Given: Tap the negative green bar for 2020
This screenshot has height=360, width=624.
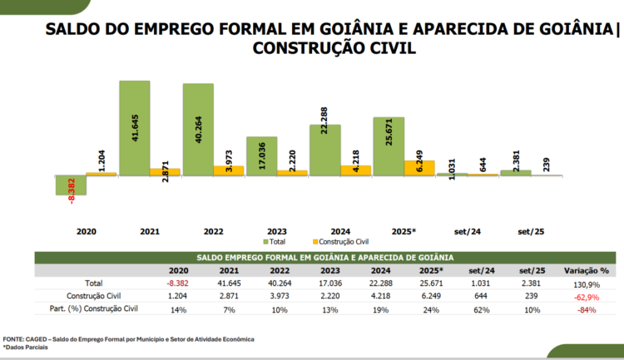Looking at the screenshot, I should tap(71, 185).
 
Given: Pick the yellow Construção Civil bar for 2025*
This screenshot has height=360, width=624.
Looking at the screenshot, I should tap(419, 167).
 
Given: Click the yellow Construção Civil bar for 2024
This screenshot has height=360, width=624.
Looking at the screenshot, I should tap(355, 170).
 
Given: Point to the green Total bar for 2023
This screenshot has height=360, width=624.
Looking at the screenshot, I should tap(261, 155).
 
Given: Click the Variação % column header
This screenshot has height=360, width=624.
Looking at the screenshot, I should tap(586, 270).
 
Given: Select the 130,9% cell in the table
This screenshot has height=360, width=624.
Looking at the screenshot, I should tap(586, 284).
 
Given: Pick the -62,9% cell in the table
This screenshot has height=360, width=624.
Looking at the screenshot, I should tap(586, 297).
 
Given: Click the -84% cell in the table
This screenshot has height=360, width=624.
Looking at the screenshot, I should tap(586, 310).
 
